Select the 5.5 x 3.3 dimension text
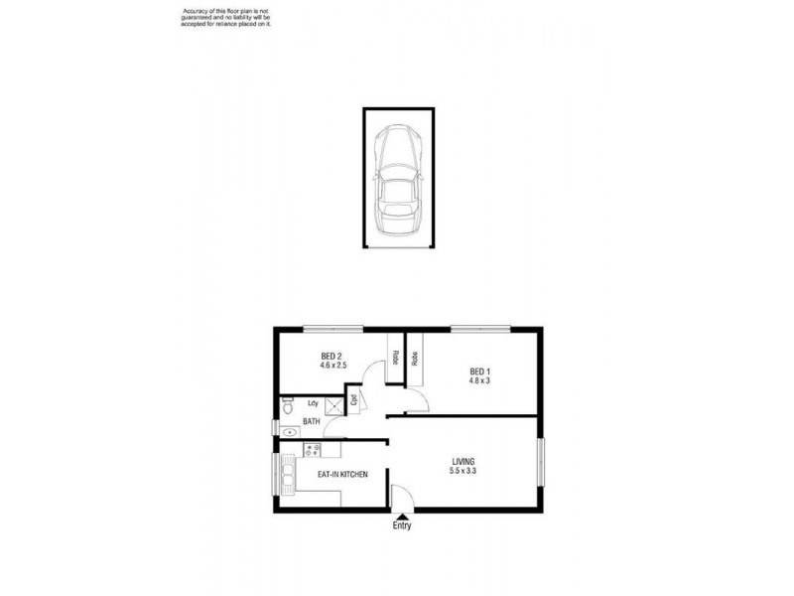(463, 472)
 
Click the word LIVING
(463, 462)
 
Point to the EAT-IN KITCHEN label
(342, 475)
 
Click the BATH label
(311, 422)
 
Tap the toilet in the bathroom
(287, 405)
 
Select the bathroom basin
(288, 432)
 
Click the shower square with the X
(349, 402)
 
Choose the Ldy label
(314, 403)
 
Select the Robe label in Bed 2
(395, 358)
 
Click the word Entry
(401, 526)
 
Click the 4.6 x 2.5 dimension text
(331, 367)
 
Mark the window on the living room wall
(542, 462)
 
